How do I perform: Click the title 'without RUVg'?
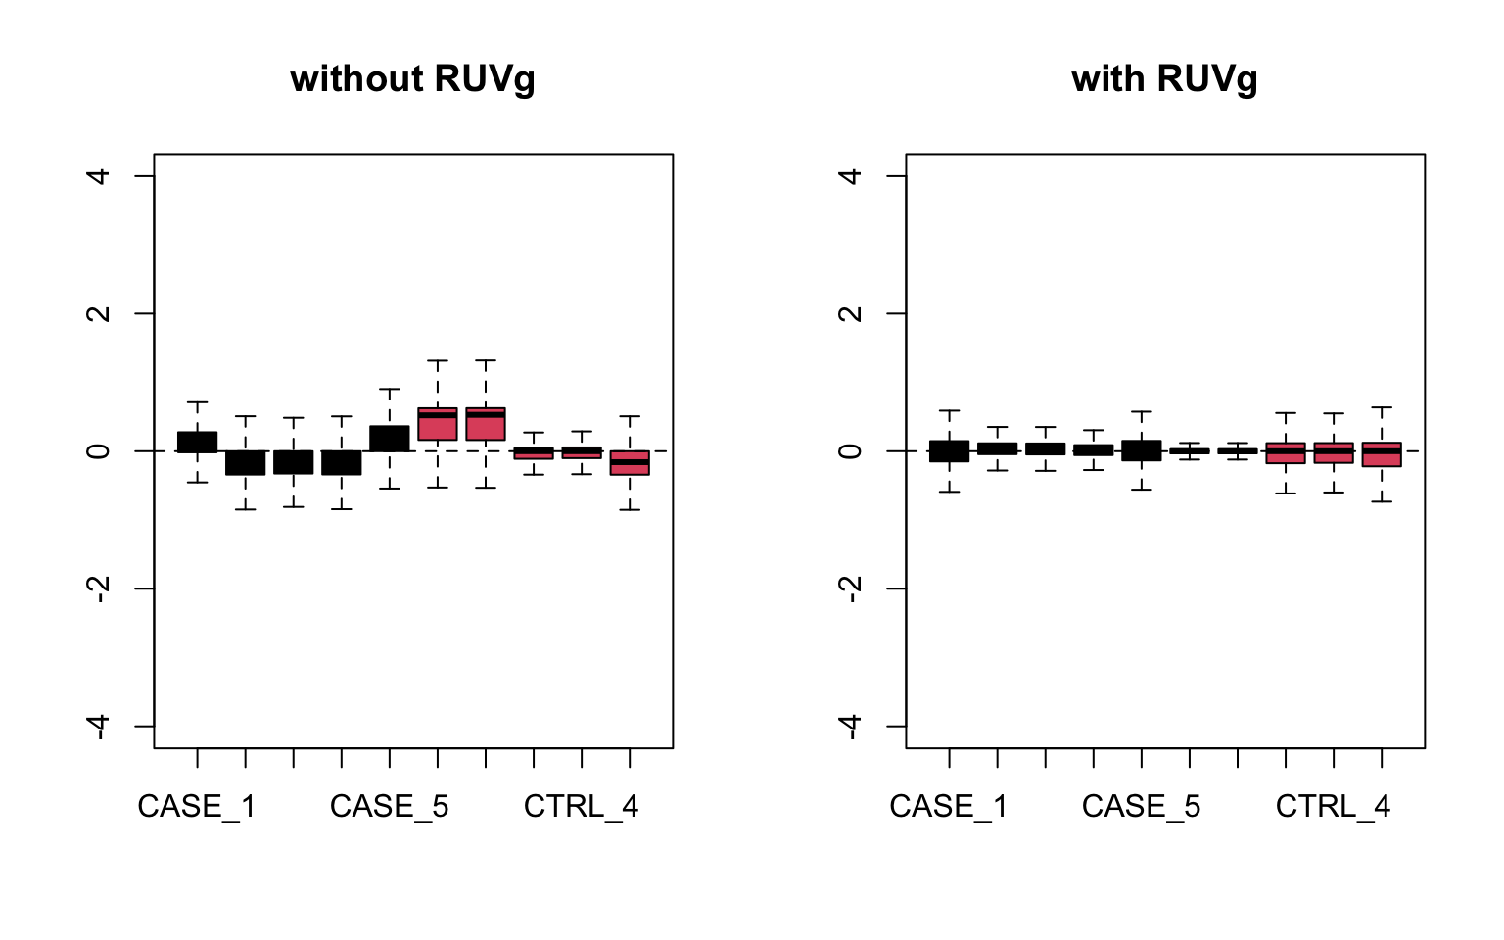412,79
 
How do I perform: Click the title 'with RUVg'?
1164,79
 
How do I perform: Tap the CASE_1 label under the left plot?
197,807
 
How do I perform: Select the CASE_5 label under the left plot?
390,807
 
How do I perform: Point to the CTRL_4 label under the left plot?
582,807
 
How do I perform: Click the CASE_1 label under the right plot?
949,807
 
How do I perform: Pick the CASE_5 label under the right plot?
1142,807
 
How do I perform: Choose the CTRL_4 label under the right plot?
1334,807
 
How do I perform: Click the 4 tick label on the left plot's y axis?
98,176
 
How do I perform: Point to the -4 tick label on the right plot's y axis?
850,726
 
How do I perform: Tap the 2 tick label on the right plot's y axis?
850,313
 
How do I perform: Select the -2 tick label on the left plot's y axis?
98,588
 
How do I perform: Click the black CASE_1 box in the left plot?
197,442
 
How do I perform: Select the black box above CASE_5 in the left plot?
390,439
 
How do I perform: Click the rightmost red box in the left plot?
630,463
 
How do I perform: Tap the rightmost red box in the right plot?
1382,454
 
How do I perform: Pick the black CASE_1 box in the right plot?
949,450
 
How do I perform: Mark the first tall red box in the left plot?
438,424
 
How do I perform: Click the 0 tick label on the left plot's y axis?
98,451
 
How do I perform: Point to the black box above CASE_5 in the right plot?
1142,450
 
